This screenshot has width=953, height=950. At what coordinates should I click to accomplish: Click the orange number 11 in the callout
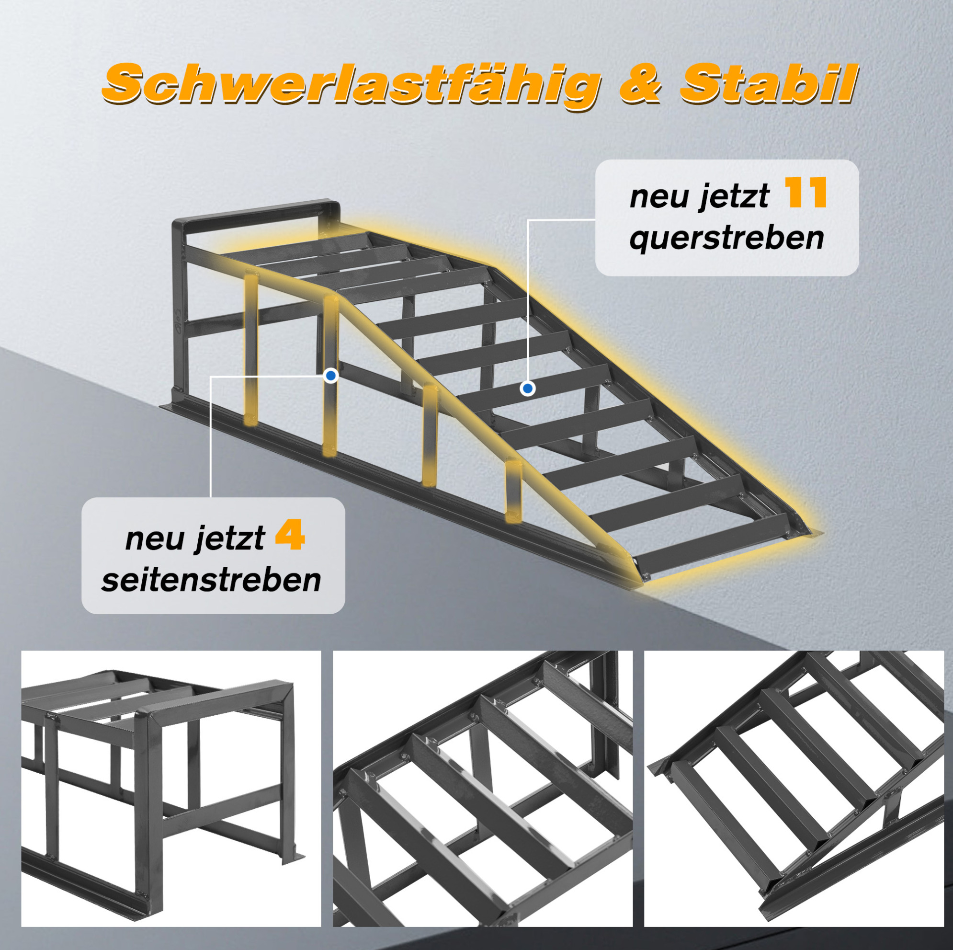coord(806,193)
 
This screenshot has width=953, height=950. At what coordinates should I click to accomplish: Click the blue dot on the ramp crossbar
coord(528,389)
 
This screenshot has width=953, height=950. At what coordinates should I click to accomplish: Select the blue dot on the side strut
coord(331,376)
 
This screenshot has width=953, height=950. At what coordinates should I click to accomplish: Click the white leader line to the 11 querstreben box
coord(528,301)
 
